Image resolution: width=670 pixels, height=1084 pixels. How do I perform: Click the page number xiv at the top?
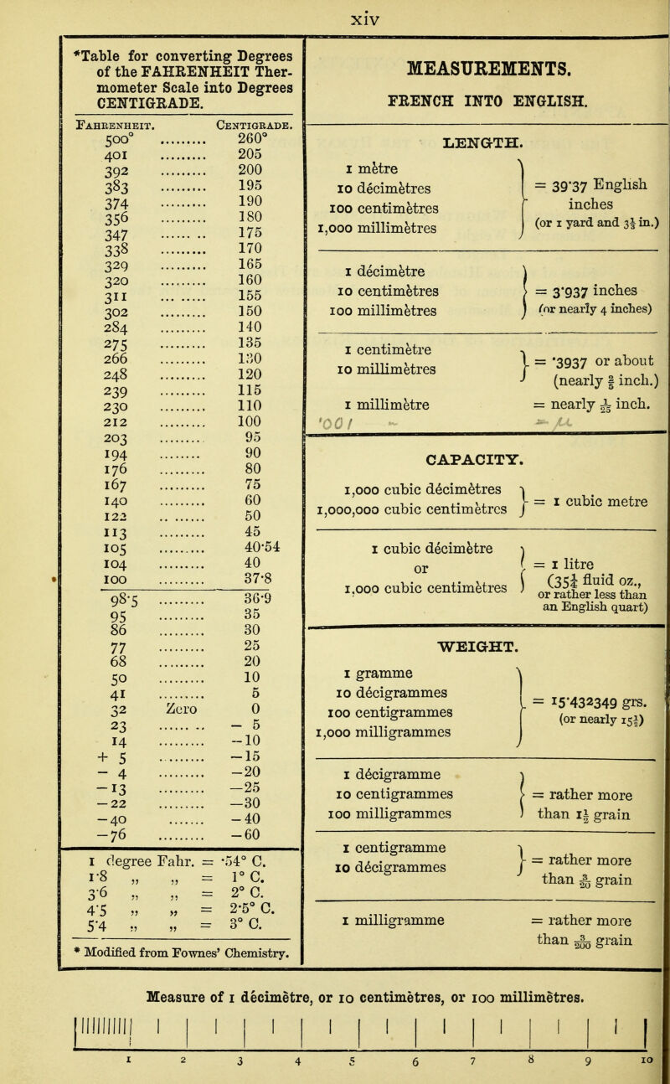341,13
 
